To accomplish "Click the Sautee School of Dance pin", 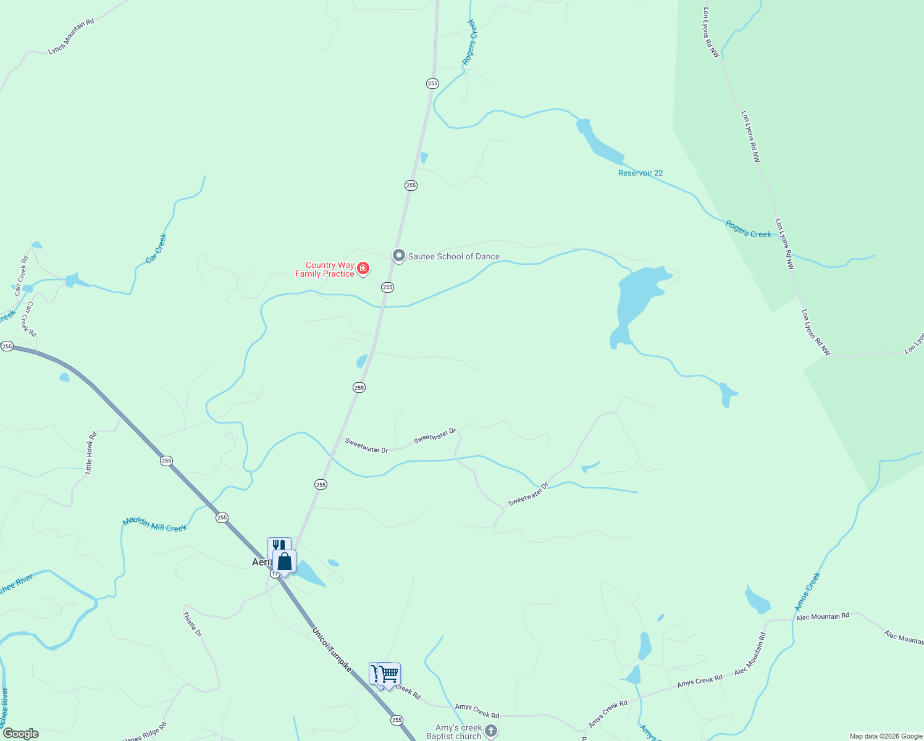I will [399, 255].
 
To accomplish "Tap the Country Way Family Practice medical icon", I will [363, 268].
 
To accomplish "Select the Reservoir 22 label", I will [640, 173].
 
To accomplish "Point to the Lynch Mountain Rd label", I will [71, 36].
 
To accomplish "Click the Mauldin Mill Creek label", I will [154, 525].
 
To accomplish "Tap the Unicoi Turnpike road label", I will [332, 650].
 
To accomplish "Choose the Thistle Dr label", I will [192, 624].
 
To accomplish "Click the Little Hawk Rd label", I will [90, 453].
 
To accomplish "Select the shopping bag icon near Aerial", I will [284, 562].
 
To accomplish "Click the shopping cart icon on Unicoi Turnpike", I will [389, 674].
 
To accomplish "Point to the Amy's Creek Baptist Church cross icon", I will [491, 732].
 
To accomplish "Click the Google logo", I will [20, 734].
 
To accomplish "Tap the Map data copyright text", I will [886, 736].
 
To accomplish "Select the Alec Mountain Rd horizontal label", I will [822, 616].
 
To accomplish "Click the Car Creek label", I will [156, 248].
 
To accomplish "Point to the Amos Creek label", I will [807, 592].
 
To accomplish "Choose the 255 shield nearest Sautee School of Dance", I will [387, 287].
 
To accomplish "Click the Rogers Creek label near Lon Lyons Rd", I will [748, 229].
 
